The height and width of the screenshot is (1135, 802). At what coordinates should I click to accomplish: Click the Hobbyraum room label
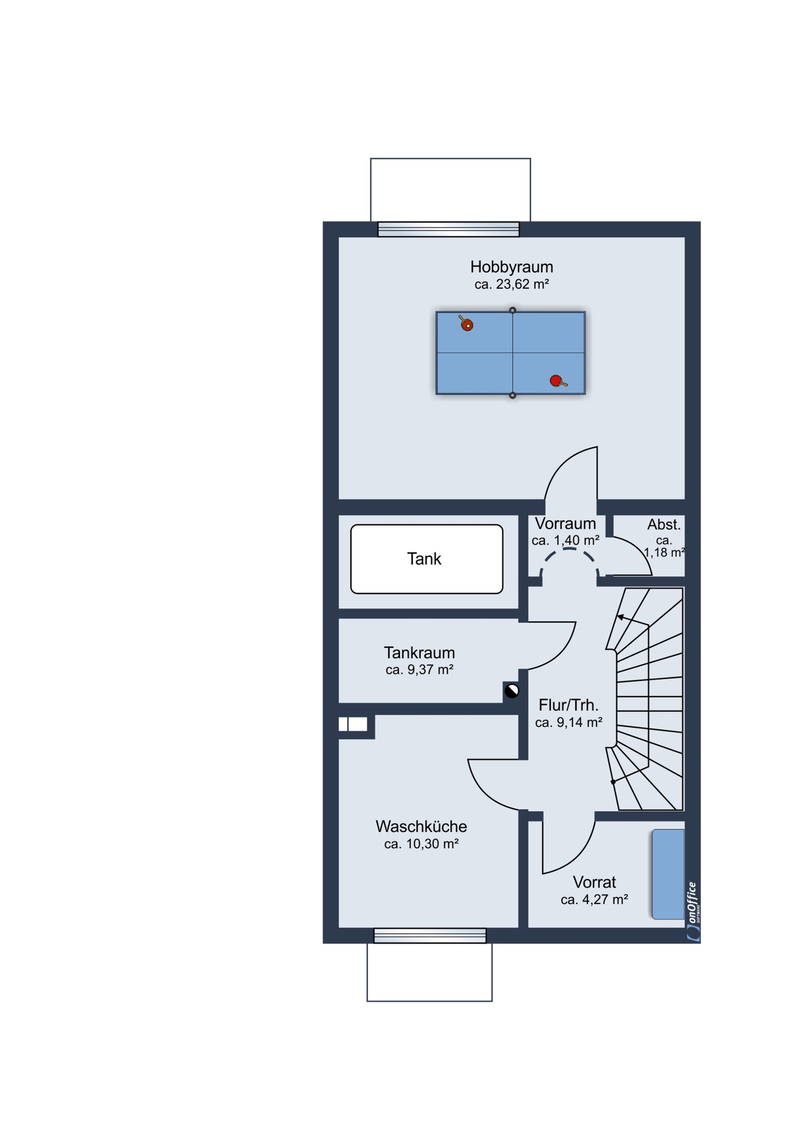pos(511,267)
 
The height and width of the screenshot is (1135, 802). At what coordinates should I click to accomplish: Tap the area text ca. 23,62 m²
pos(511,284)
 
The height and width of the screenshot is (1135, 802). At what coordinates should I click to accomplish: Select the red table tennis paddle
pos(558,381)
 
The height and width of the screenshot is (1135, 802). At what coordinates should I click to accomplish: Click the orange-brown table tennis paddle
pos(466,323)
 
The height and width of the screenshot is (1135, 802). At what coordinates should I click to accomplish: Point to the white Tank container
pos(427,559)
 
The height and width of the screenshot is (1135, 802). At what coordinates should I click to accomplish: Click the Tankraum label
pos(419,653)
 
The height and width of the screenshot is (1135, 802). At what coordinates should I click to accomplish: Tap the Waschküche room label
pos(421,826)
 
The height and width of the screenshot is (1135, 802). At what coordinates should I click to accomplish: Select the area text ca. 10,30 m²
pos(421,844)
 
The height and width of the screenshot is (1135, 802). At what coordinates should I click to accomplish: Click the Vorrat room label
pos(594,882)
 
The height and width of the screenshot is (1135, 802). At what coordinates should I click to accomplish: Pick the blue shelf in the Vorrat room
pos(668,874)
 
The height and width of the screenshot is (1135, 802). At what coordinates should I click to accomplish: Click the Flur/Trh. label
pos(569,705)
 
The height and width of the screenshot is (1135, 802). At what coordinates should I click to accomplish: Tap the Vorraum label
pos(565,523)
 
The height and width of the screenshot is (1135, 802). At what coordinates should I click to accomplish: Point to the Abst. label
pos(664,524)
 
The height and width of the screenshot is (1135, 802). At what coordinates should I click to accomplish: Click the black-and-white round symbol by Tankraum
pos(512,691)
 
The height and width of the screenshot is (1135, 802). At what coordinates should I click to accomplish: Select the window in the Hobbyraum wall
pos(448,229)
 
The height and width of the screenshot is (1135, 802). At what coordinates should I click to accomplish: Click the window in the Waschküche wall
pos(430,935)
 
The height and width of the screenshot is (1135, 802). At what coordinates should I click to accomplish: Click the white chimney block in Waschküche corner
pos(353,724)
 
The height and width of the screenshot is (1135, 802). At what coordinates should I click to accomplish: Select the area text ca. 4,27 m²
pos(594,899)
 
